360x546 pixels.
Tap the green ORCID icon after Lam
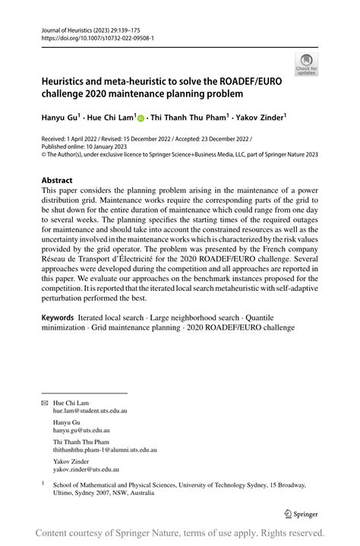(141, 118)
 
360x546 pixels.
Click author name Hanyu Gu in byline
(62, 118)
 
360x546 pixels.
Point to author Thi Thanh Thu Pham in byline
(189, 118)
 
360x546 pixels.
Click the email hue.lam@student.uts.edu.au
(90, 410)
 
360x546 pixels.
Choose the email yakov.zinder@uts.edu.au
(84, 470)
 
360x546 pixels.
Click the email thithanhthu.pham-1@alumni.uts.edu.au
(105, 450)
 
